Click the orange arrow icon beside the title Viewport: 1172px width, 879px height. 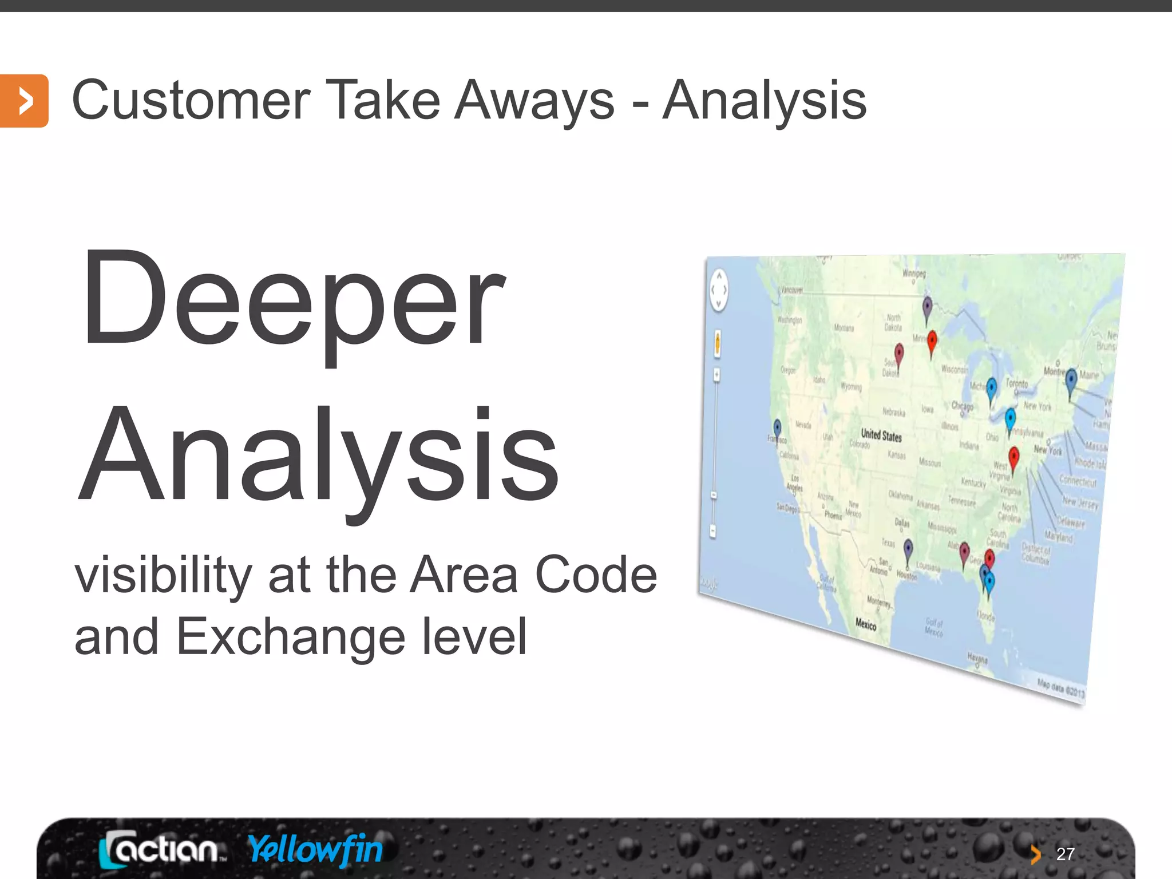point(24,101)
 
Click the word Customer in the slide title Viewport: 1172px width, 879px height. point(191,101)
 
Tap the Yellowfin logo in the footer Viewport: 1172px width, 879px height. point(315,850)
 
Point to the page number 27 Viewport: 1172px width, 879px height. point(1064,854)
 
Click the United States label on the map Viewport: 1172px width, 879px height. point(881,435)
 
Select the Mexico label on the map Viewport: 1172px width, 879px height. point(866,624)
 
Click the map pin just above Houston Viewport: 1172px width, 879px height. point(908,551)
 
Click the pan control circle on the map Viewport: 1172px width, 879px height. point(719,290)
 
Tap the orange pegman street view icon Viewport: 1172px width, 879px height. point(717,343)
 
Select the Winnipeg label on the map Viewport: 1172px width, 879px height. point(914,274)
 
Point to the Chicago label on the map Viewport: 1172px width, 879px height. point(962,406)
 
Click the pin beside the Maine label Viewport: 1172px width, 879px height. point(1071,379)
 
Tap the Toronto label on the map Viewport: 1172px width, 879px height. point(1017,383)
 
